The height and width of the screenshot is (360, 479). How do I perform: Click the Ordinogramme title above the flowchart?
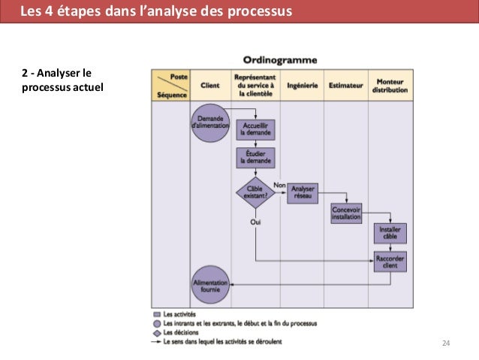(280, 59)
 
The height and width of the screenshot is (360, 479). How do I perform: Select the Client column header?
(210, 86)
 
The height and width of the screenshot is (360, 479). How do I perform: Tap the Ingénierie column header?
(302, 86)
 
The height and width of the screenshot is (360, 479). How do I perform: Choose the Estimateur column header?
(345, 86)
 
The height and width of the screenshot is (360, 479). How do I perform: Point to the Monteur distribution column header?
(390, 86)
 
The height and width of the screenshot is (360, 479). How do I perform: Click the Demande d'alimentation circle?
(209, 122)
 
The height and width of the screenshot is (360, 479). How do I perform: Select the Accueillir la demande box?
(256, 129)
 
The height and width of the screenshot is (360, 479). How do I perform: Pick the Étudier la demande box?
(256, 158)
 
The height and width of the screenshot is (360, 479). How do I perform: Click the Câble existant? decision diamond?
(256, 192)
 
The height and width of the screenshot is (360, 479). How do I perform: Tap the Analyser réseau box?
(303, 192)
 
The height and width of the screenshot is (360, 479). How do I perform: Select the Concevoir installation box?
(346, 213)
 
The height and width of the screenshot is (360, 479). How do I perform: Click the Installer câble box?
(390, 234)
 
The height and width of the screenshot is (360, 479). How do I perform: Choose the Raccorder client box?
(390, 262)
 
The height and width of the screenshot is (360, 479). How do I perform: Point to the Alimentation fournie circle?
(210, 285)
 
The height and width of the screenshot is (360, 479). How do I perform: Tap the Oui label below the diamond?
(256, 222)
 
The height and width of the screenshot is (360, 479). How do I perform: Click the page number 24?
(446, 343)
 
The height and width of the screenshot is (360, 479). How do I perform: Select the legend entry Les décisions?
(179, 332)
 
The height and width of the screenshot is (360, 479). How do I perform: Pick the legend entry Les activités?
(179, 314)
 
